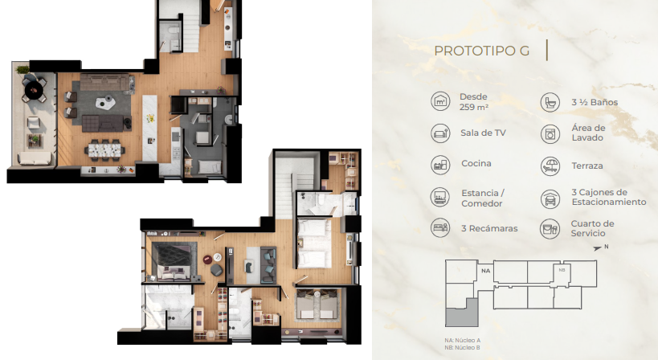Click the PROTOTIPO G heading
point(482,51)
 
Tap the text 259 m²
point(474,108)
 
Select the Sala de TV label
point(483,133)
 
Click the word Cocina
point(476,164)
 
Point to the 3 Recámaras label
point(489,229)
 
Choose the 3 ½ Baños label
point(595,102)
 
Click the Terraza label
point(587,166)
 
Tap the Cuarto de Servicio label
point(593,228)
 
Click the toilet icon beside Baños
point(550,102)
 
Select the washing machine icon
point(550,134)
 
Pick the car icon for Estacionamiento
point(550,198)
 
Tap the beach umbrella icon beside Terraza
point(550,166)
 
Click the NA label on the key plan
point(485,271)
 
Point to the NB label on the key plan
point(562,270)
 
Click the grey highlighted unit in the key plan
point(462,313)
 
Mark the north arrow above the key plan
point(598,248)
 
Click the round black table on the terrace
point(34,90)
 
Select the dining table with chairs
point(104,149)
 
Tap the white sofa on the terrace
point(35,158)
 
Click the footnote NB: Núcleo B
point(462,347)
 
